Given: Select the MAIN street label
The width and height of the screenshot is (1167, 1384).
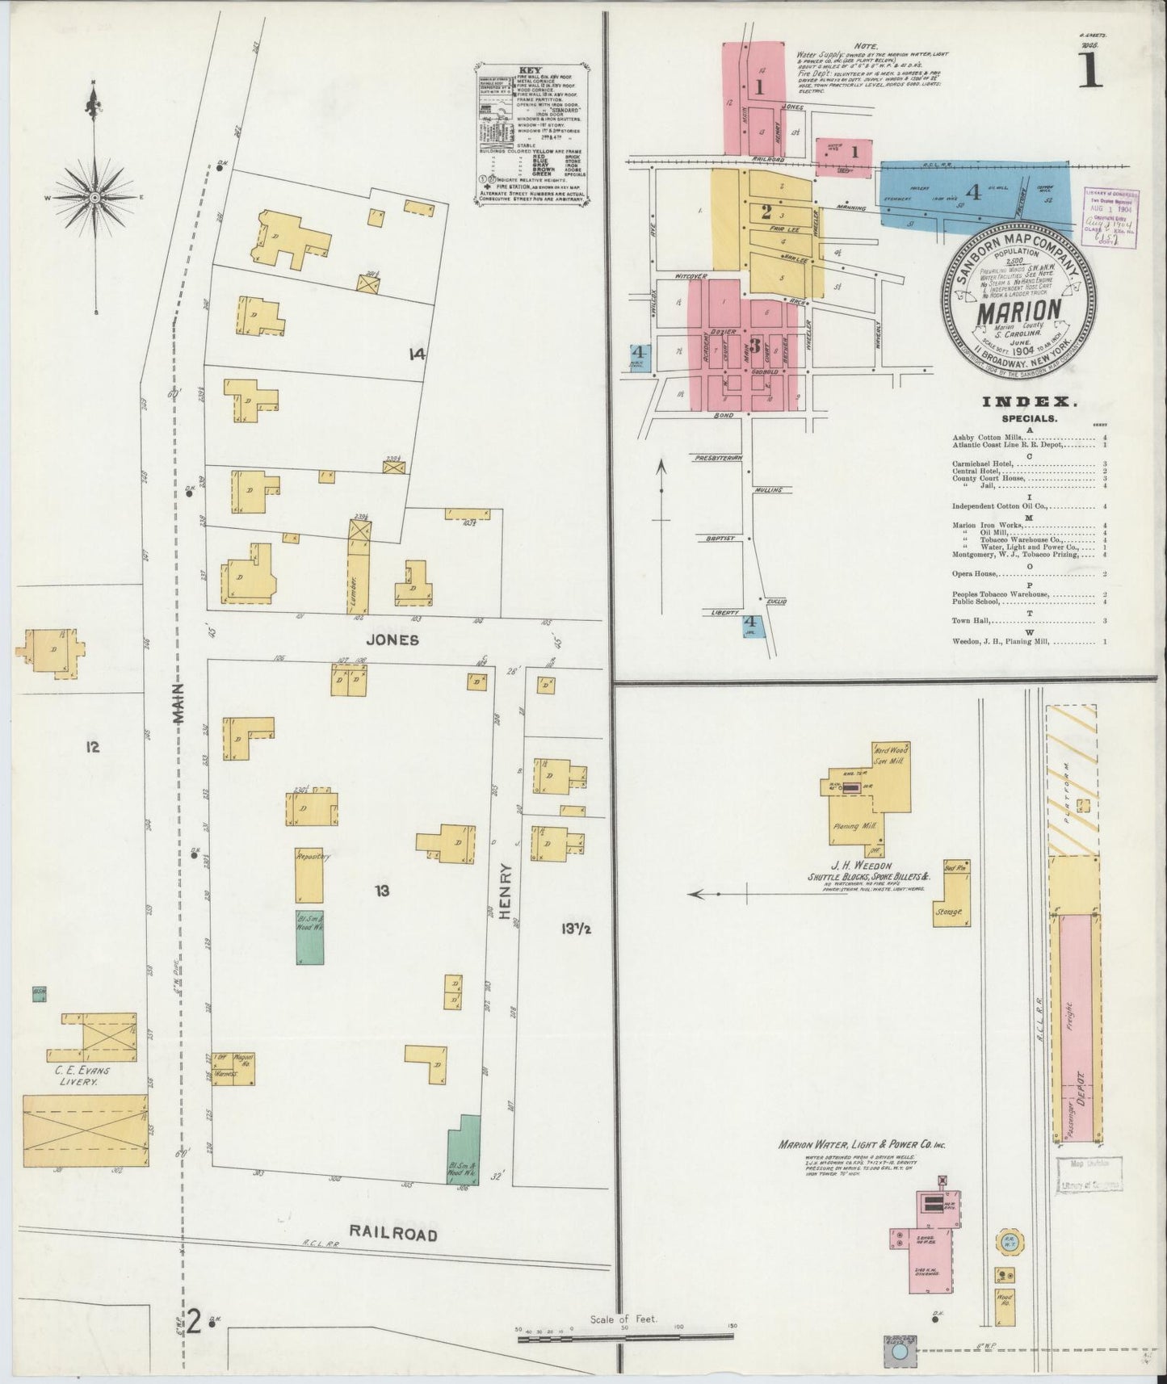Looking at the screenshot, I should pyautogui.click(x=178, y=702).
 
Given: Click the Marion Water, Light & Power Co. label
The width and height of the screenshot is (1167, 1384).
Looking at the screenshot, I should pyautogui.click(x=861, y=1145).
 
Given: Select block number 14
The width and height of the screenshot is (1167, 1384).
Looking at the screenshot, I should pyautogui.click(x=417, y=353).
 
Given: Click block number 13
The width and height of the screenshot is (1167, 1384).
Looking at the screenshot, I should pyautogui.click(x=382, y=891).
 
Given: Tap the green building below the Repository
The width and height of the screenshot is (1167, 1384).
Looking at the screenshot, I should pyautogui.click(x=309, y=937).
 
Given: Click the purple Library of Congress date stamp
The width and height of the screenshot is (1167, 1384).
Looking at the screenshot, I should pyautogui.click(x=1111, y=217).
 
